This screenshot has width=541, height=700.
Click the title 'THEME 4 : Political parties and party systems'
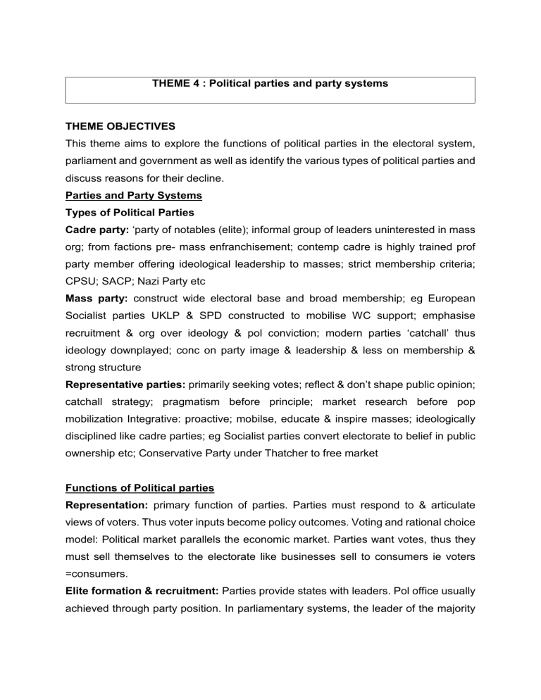coord(270,84)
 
